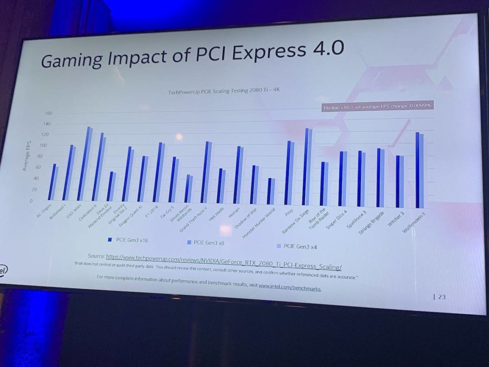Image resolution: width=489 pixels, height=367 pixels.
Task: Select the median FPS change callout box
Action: tap(377, 107)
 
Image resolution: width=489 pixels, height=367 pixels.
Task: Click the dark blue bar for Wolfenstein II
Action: tap(418, 170)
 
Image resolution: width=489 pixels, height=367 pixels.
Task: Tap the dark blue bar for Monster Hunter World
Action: tap(269, 191)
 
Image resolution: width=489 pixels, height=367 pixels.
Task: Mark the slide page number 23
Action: tap(441, 297)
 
